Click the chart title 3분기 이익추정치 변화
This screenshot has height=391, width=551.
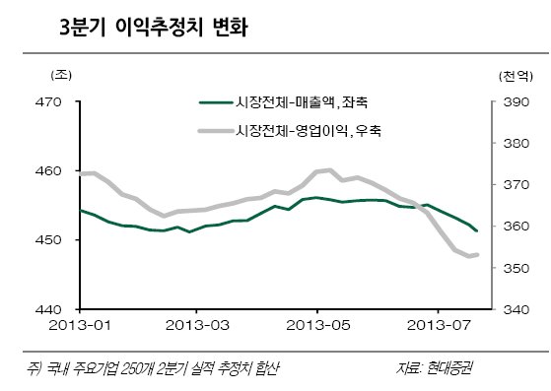(154, 27)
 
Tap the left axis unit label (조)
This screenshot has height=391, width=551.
(61, 75)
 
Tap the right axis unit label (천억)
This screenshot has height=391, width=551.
(516, 76)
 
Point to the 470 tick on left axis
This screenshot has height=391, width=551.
(48, 102)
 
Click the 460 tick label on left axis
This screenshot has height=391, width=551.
(48, 171)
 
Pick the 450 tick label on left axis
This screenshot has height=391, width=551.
(48, 240)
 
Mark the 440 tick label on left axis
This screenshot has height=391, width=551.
(48, 309)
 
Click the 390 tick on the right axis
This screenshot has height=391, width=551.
(516, 102)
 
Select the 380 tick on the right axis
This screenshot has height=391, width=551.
(516, 143)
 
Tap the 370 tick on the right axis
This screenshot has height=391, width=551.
(516, 184)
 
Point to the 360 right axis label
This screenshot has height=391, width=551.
(516, 227)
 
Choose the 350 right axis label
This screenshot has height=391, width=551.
(516, 268)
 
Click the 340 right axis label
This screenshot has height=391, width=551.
(516, 309)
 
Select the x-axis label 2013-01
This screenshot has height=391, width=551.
(80, 325)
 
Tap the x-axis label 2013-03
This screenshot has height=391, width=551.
(197, 325)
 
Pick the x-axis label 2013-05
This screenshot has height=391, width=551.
(318, 325)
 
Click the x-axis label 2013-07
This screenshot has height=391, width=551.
(439, 325)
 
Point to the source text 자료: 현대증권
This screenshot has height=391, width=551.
(435, 368)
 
